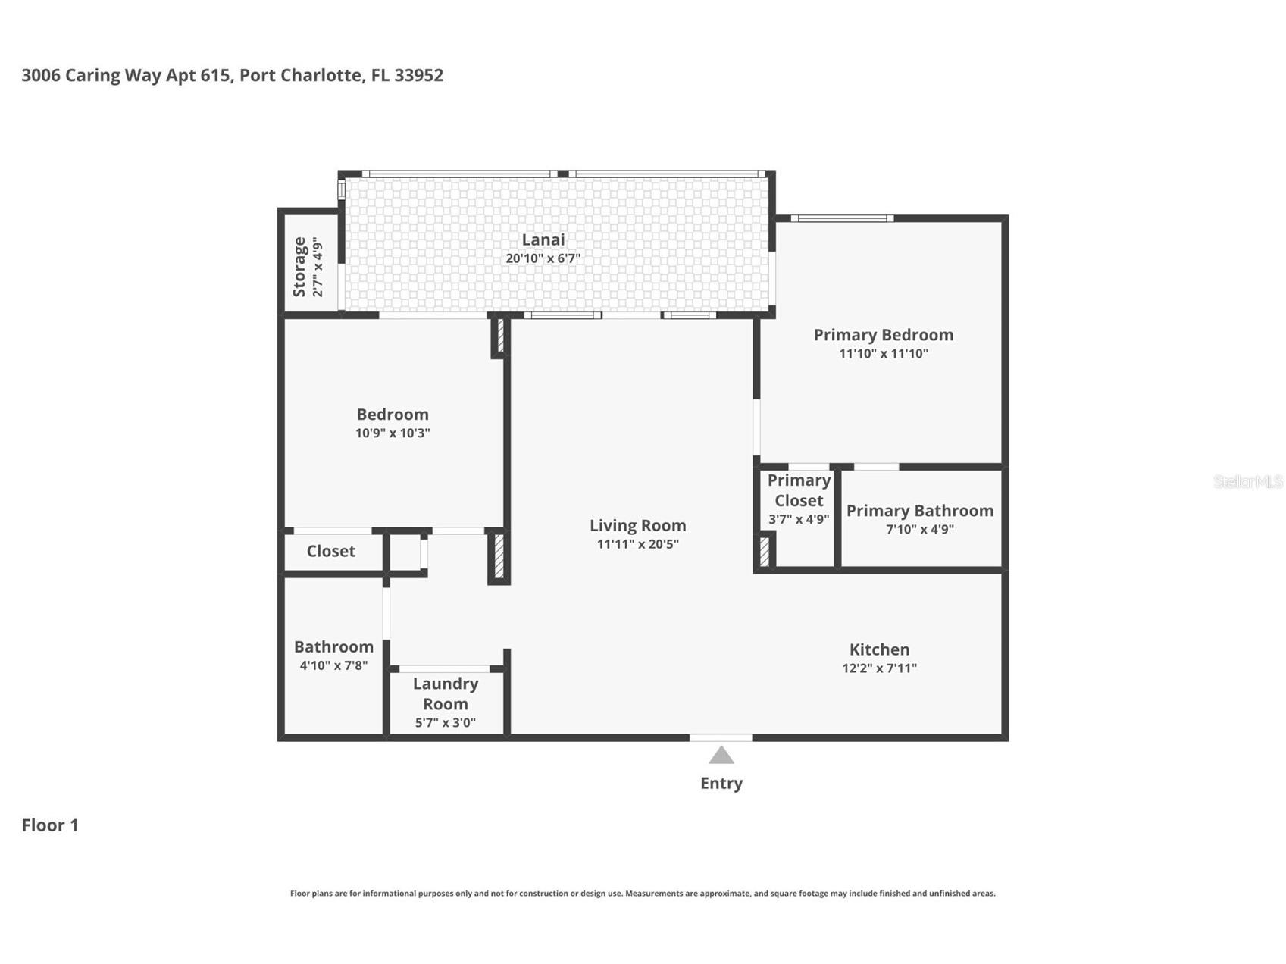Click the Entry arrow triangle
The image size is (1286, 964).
(721, 756)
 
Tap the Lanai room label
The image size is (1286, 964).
(543, 239)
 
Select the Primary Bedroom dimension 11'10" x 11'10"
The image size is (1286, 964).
(883, 353)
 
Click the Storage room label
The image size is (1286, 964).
(299, 267)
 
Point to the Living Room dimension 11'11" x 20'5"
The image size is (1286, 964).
(637, 544)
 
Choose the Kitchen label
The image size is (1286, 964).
(879, 649)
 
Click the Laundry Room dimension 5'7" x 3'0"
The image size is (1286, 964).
(445, 723)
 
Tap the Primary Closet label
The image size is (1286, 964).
(799, 490)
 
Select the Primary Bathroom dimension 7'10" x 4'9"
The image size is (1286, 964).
(919, 529)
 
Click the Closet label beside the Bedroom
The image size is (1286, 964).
(330, 551)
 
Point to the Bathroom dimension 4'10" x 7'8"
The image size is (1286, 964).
(333, 665)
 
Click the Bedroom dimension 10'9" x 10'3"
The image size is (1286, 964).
(393, 433)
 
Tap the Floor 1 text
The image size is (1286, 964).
(50, 825)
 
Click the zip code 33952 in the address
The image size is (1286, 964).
(418, 75)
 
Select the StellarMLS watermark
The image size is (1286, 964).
(1247, 482)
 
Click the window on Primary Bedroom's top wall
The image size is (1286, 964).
(841, 219)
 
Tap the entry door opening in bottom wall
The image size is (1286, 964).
(721, 737)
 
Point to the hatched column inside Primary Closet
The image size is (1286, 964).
(764, 551)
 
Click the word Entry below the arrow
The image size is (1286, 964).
(721, 783)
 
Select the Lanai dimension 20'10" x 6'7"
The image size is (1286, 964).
(543, 258)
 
